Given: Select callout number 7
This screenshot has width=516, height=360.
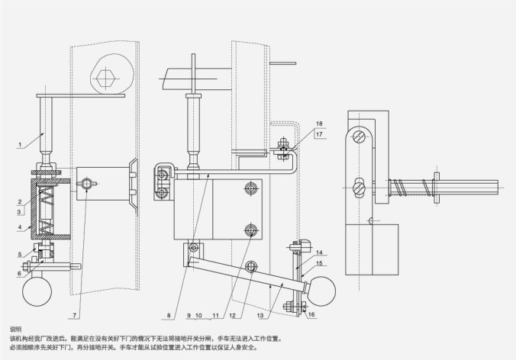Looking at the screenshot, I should [75, 315].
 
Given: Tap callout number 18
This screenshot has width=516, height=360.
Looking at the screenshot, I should [319, 123].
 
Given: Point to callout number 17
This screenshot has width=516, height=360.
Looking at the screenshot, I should [319, 134].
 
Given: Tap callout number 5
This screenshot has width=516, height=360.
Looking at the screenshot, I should [20, 253].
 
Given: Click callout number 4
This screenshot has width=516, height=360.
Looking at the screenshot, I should [20, 227].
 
